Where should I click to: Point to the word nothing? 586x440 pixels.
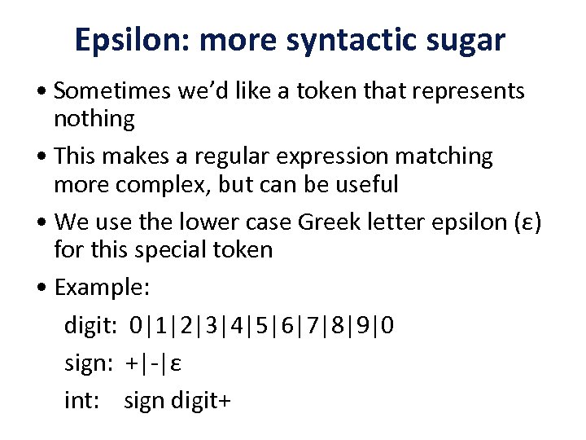(x=94, y=119)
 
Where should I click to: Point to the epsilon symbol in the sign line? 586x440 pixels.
(x=175, y=364)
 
